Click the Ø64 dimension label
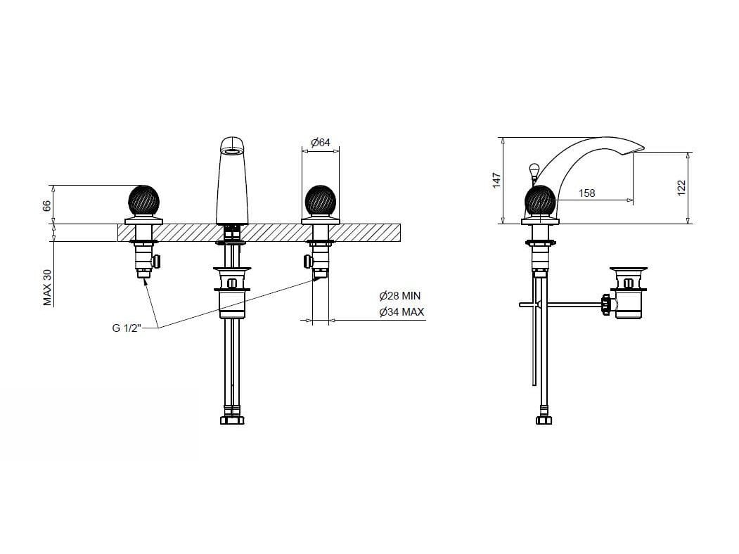[321, 142]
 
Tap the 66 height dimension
[46, 206]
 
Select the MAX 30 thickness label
[48, 288]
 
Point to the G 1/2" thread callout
[127, 328]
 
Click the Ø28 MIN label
[399, 296]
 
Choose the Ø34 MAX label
[401, 312]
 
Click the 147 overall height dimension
[496, 181]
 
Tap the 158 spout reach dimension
[586, 193]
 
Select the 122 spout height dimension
[681, 188]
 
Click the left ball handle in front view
[143, 201]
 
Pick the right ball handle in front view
[321, 201]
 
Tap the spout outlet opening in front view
[233, 151]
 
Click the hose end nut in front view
[232, 420]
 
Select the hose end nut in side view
[544, 420]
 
